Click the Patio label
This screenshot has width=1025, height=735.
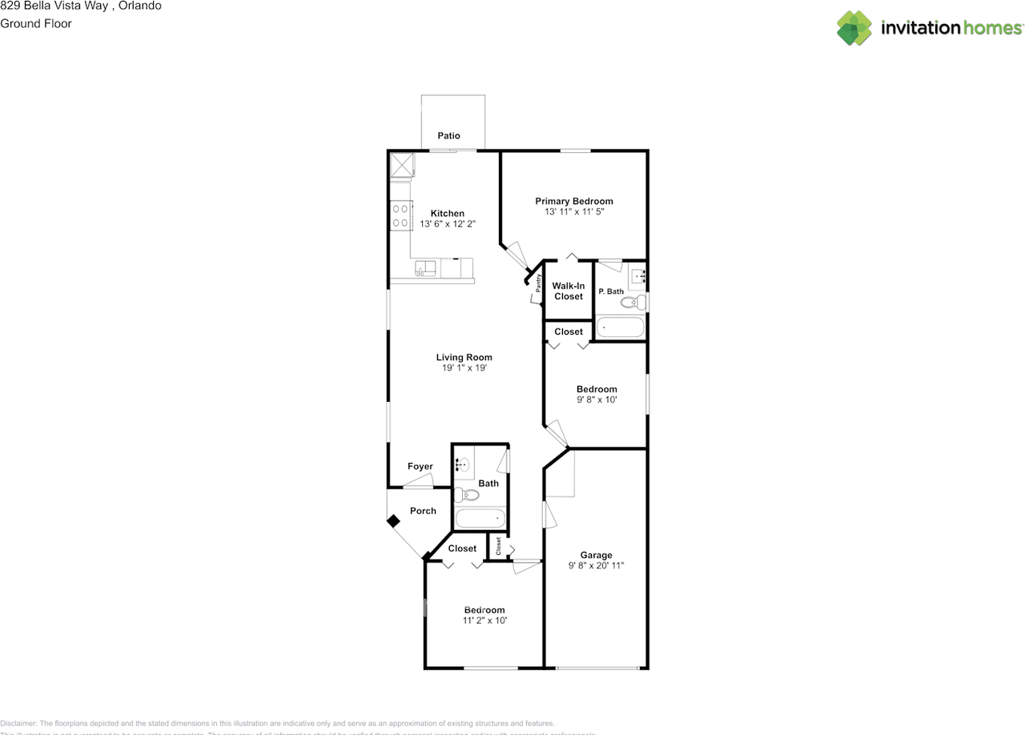point(448,136)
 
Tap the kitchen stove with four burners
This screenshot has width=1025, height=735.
point(400,215)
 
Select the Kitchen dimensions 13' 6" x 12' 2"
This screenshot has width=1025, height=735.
point(448,224)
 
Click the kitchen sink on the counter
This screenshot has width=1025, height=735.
point(424,269)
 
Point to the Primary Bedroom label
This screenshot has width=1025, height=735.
point(574,201)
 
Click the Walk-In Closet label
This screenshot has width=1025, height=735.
point(569,291)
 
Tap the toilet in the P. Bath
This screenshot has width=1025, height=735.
point(634,303)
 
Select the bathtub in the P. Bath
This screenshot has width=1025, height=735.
point(620,328)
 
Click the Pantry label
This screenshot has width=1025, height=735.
point(539,284)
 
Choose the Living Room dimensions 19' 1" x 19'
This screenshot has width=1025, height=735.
point(464,368)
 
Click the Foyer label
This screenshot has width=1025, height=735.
point(420,467)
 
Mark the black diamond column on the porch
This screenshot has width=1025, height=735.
point(393,521)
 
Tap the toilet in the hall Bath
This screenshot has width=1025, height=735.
point(466,495)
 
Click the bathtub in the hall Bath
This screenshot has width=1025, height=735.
point(480,518)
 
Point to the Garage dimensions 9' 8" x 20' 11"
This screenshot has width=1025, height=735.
point(596,565)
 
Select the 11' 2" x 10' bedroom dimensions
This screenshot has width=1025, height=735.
point(484,621)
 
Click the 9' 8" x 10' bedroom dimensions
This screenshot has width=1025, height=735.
point(597,400)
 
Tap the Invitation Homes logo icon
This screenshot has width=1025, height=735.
point(854,28)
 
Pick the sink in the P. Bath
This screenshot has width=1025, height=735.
point(637,275)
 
